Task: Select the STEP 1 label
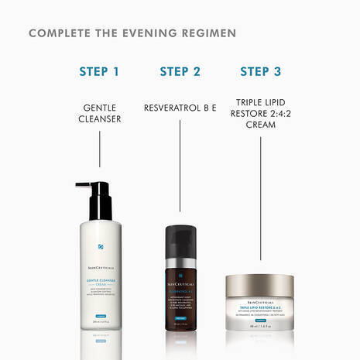point(99,72)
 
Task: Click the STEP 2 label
point(180,72)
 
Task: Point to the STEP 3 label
point(260,72)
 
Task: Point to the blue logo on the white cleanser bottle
point(100,247)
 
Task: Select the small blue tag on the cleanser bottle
point(100,296)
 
